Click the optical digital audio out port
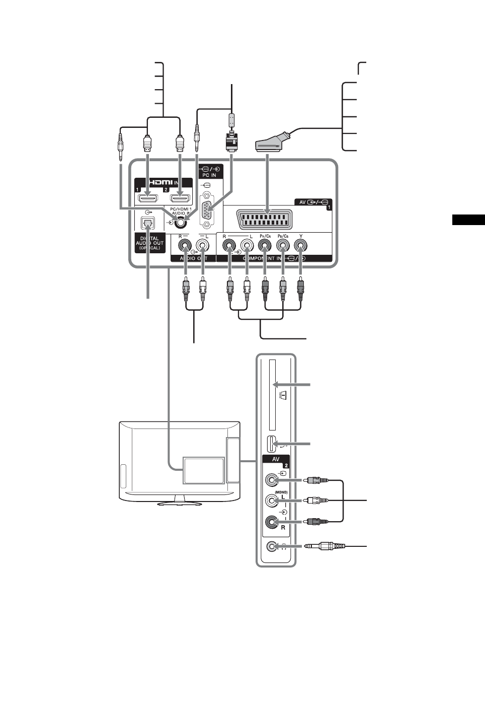[149, 222]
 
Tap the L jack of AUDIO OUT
[203, 247]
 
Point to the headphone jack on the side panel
[272, 546]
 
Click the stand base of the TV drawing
[180, 503]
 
